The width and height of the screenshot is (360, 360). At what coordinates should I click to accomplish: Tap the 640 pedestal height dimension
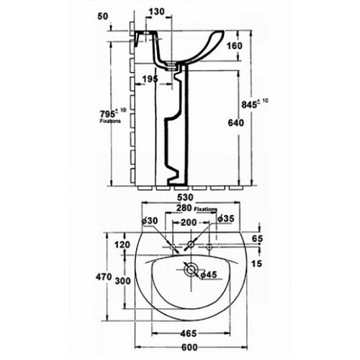pyautogui.click(x=235, y=123)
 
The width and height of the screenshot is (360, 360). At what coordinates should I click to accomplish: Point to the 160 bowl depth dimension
pyautogui.click(x=234, y=45)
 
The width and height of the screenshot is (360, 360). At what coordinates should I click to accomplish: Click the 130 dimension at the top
pyautogui.click(x=156, y=12)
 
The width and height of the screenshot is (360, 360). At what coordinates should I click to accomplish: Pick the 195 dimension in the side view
pyautogui.click(x=150, y=78)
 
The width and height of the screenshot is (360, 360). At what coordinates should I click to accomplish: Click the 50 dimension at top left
pyautogui.click(x=103, y=17)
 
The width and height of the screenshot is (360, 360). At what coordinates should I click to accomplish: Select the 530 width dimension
pyautogui.click(x=185, y=197)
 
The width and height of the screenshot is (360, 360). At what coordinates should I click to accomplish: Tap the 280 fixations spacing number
pyautogui.click(x=184, y=208)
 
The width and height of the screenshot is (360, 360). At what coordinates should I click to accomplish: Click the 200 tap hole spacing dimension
pyautogui.click(x=189, y=222)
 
